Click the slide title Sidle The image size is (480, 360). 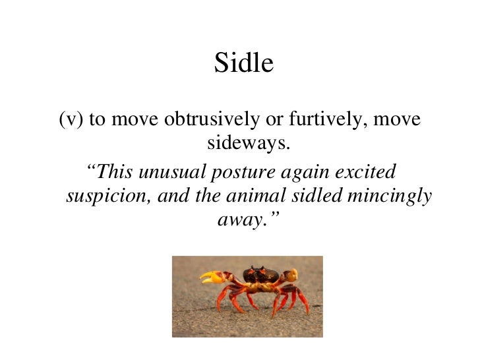point(243,64)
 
